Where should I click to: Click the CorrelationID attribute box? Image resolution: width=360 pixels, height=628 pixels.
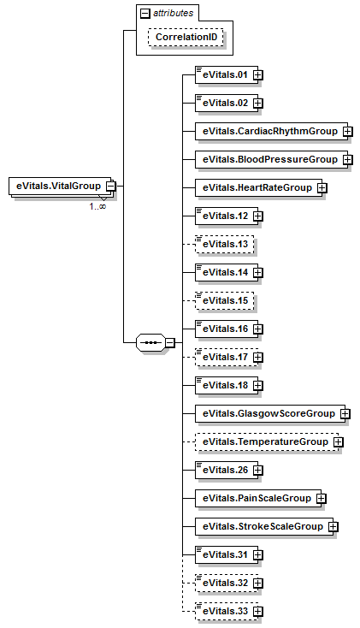pyautogui.click(x=186, y=37)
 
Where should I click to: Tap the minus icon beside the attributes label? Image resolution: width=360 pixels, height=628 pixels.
pyautogui.click(x=145, y=13)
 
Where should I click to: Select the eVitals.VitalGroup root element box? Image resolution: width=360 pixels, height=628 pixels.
pyautogui.click(x=60, y=187)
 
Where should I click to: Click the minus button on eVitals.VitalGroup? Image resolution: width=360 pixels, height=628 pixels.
pyautogui.click(x=111, y=187)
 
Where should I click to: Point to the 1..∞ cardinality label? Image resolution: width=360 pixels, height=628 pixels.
pyautogui.click(x=97, y=207)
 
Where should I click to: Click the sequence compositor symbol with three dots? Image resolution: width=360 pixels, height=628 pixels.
pyautogui.click(x=150, y=343)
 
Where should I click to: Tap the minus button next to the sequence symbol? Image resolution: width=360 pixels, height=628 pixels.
pyautogui.click(x=170, y=343)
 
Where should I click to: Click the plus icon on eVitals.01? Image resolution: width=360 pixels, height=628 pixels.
pyautogui.click(x=258, y=75)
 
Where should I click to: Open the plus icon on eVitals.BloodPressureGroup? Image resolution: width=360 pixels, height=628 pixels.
pyautogui.click(x=347, y=159)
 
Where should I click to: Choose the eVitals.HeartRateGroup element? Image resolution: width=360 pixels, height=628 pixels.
pyautogui.click(x=259, y=188)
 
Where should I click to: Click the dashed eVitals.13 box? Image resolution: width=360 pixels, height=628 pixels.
pyautogui.click(x=225, y=245)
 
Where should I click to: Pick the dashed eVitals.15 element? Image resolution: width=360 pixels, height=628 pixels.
pyautogui.click(x=225, y=301)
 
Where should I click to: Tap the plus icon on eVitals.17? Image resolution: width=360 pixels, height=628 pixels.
pyautogui.click(x=258, y=358)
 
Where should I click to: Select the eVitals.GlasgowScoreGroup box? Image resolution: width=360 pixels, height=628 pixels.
pyautogui.click(x=270, y=414)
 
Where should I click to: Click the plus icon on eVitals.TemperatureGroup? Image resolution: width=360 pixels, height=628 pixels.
pyautogui.click(x=339, y=442)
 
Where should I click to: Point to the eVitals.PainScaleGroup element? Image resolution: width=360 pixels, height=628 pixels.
pyautogui.click(x=258, y=499)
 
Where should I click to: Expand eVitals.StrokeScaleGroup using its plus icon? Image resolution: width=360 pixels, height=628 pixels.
pyautogui.click(x=333, y=527)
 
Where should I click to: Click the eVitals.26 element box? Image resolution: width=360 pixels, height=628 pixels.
pyautogui.click(x=227, y=471)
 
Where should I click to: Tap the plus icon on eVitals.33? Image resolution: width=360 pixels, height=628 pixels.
pyautogui.click(x=258, y=612)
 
